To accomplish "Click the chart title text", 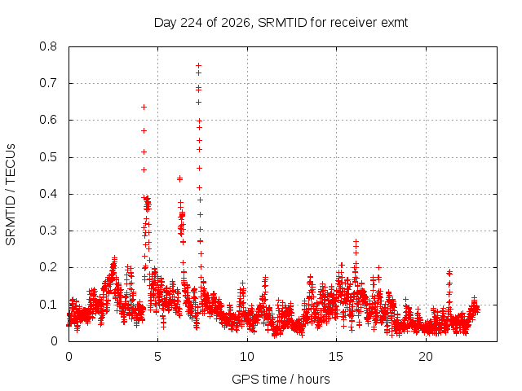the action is pyautogui.click(x=281, y=23).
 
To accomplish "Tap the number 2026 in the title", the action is pyautogui.click(x=235, y=23).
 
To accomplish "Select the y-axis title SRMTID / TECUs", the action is pyautogui.click(x=11, y=195).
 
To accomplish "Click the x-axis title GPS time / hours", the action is pyautogui.click(x=281, y=379).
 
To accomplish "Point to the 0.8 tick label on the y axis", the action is pyautogui.click(x=48, y=46).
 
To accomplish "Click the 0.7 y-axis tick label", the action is pyautogui.click(x=48, y=83).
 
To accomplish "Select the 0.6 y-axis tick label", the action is pyautogui.click(x=48, y=120).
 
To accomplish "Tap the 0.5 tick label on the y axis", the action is pyautogui.click(x=48, y=157).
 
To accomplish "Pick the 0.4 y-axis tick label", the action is pyautogui.click(x=48, y=194).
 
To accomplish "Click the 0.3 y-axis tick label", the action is pyautogui.click(x=48, y=231).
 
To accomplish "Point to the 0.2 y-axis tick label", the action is pyautogui.click(x=48, y=268).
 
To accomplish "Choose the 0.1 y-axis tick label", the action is pyautogui.click(x=48, y=305).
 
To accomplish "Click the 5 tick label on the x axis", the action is pyautogui.click(x=157, y=357).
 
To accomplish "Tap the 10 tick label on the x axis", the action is pyautogui.click(x=247, y=357).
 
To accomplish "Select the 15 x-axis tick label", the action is pyautogui.click(x=336, y=357).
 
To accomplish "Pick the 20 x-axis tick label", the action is pyautogui.click(x=426, y=357).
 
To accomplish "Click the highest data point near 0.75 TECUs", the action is pyautogui.click(x=198, y=65).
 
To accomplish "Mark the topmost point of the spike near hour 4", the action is pyautogui.click(x=144, y=107).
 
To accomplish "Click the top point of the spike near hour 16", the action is pyautogui.click(x=356, y=241).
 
